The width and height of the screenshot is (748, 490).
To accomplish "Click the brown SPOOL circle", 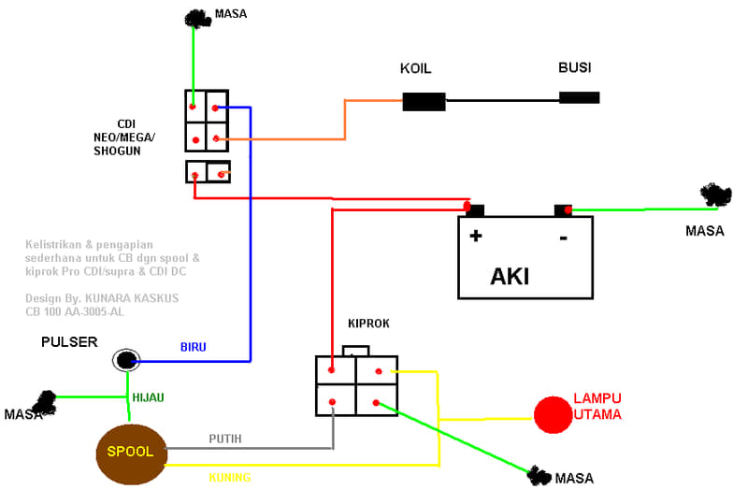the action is (x=131, y=454).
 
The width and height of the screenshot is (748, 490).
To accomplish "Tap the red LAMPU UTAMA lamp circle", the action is (x=553, y=414).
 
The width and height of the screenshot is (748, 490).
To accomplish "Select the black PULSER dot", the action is (x=125, y=360).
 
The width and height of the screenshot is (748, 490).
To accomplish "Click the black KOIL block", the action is (x=424, y=102).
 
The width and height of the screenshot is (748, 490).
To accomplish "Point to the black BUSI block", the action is (x=579, y=98).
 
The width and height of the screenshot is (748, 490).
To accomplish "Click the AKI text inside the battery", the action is (x=510, y=276).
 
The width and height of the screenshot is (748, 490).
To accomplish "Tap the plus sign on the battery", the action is (x=476, y=236).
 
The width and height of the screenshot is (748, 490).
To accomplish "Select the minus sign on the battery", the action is (x=564, y=238).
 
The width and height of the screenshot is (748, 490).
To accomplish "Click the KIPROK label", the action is (x=368, y=324).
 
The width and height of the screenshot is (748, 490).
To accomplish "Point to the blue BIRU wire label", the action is (x=194, y=347).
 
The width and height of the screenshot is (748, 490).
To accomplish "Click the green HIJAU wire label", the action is (x=148, y=397).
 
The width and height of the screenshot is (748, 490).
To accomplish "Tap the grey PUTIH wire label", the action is (x=224, y=439).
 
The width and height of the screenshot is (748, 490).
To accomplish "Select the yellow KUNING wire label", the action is (x=229, y=477).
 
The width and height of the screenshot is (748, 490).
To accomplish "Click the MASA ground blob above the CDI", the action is (x=197, y=19).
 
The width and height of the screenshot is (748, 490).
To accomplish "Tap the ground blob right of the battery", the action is (x=715, y=195).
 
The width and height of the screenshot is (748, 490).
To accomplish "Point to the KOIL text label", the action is (x=415, y=68).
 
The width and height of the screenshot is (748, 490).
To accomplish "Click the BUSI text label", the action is (x=574, y=67).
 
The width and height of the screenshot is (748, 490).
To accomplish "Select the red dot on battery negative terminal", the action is (x=568, y=209).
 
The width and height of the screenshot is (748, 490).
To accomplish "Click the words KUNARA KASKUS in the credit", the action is (x=132, y=298).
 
